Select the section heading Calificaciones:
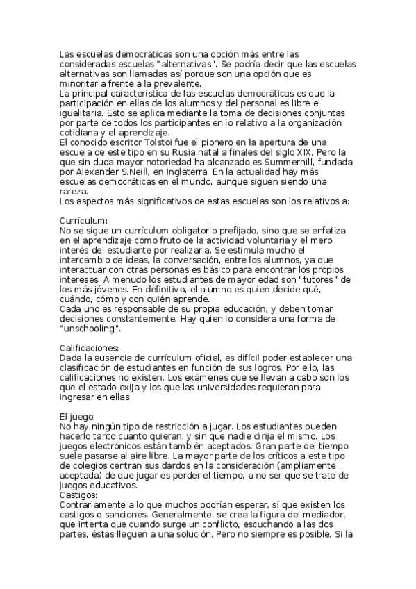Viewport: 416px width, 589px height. (x=89, y=347)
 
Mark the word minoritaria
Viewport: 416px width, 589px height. (x=84, y=83)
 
